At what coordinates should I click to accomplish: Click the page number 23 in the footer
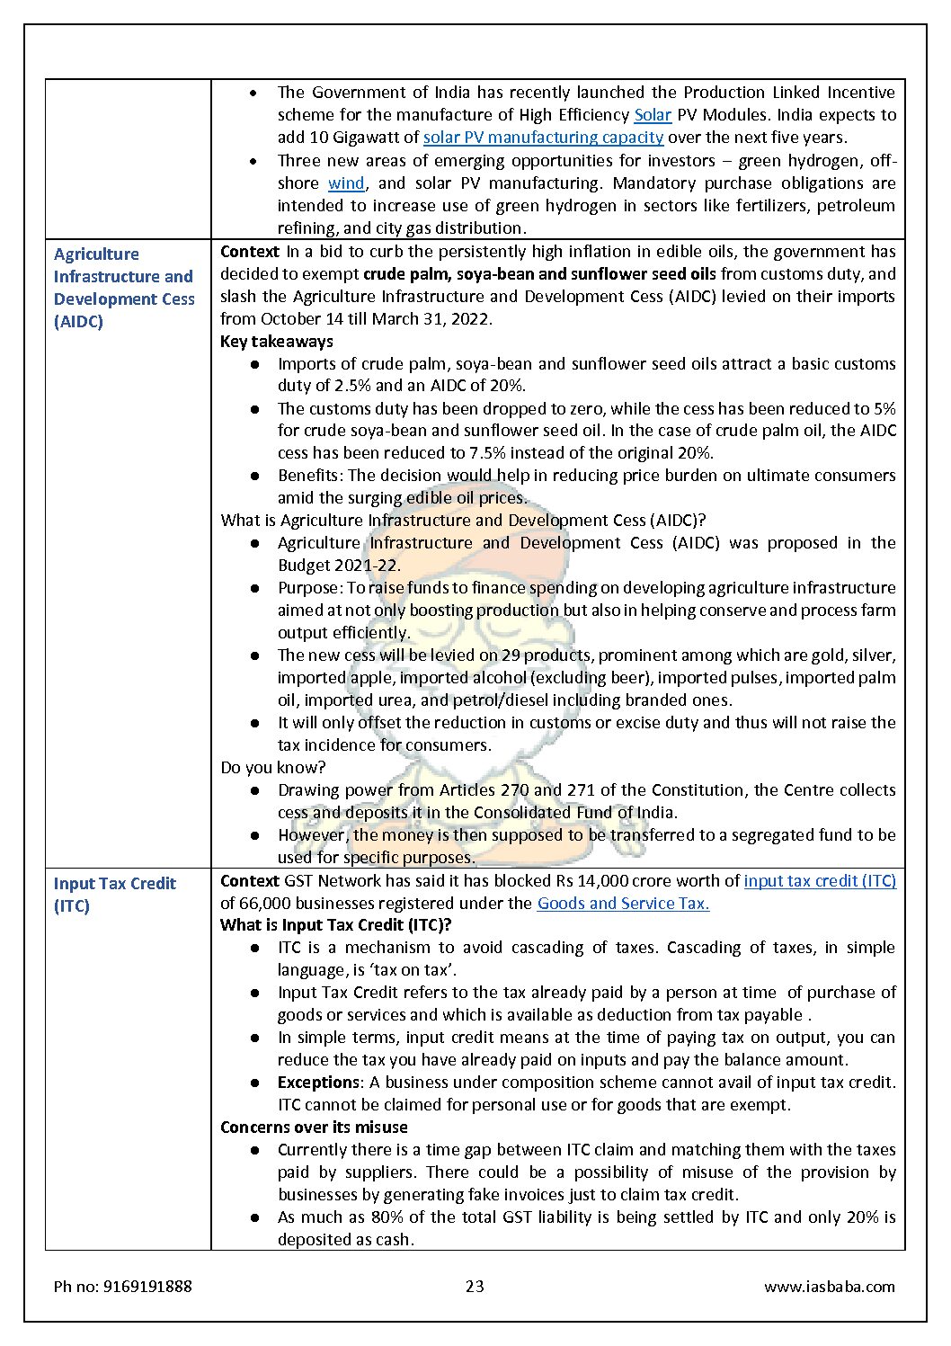475,1287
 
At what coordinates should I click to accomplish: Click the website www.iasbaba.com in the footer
829,1287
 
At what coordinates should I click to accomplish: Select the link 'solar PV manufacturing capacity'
543,138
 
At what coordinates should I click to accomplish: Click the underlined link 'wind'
346,183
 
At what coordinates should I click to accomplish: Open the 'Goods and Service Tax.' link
623,904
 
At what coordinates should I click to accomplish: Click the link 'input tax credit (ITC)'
820,881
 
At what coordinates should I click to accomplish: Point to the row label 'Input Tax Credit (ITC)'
114,894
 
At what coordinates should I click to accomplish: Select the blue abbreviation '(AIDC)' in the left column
78,322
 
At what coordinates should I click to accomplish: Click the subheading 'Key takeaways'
277,342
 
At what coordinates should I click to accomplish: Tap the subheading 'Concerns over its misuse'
314,1128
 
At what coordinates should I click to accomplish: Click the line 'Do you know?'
273,768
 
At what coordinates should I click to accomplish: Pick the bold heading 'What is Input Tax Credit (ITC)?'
335,925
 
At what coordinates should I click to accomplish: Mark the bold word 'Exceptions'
318,1083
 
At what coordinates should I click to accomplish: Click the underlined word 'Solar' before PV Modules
653,115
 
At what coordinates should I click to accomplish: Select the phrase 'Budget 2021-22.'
339,566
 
